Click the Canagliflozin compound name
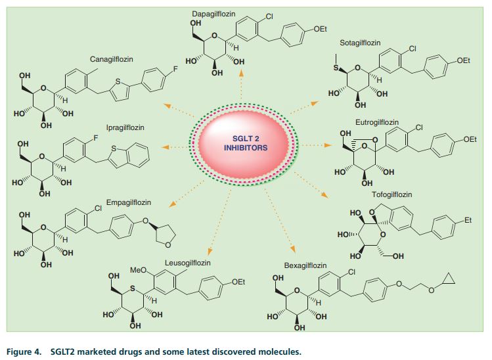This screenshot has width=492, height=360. (112, 59)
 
